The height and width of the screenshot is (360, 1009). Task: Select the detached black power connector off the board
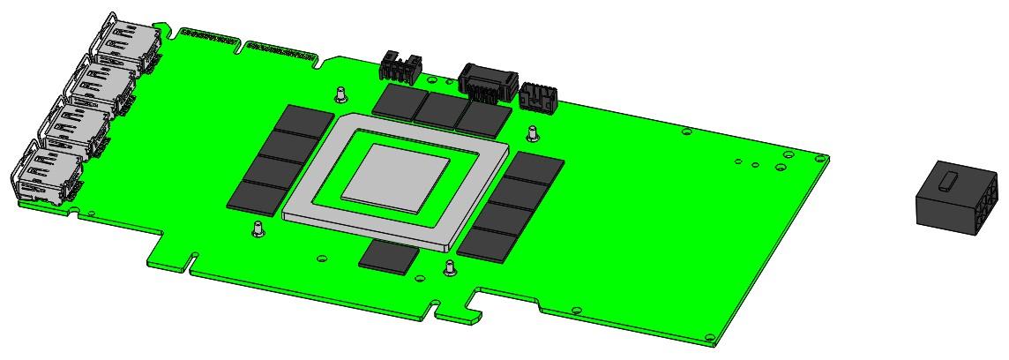tap(957, 199)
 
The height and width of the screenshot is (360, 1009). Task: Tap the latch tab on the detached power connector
tap(947, 183)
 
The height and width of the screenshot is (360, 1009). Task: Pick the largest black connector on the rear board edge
tap(483, 82)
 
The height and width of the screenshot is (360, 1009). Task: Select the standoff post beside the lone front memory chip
tap(450, 266)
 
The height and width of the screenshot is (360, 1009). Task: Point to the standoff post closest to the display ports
tap(258, 229)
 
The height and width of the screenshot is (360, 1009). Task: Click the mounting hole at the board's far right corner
tap(822, 159)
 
